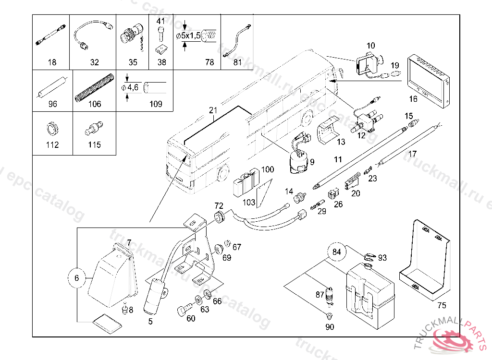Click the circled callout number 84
point(336,251)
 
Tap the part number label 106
point(95,104)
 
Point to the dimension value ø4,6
point(130,88)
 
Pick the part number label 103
point(248,203)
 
